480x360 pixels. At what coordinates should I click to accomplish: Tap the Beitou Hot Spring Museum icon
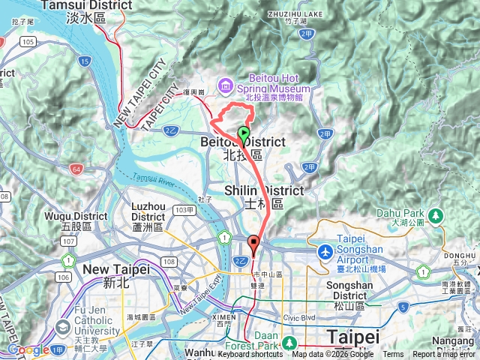point(225,86)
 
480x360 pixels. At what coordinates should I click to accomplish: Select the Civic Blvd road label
point(299,317)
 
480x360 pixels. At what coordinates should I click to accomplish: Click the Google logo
point(28,349)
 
